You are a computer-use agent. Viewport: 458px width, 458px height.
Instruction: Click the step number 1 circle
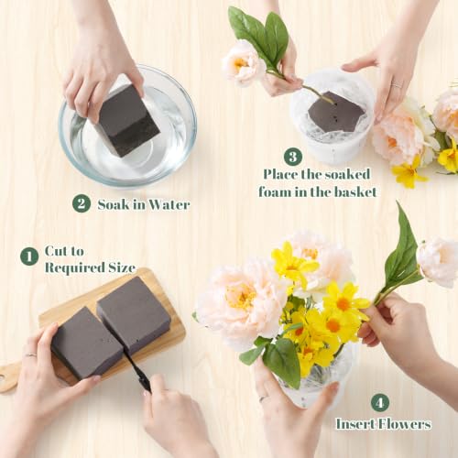[x=29, y=256]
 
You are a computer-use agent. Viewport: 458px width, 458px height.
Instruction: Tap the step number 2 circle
[x=82, y=203]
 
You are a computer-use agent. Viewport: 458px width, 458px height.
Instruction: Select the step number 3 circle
[x=293, y=157]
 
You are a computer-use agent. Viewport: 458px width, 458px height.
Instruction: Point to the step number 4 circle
[x=380, y=403]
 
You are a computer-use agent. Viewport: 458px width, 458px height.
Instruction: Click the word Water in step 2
[x=169, y=204]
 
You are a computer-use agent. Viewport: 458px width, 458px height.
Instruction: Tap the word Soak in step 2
[x=114, y=204]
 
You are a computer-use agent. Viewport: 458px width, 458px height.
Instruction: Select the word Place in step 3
[x=280, y=174]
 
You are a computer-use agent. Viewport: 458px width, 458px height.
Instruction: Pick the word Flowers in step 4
[x=405, y=424]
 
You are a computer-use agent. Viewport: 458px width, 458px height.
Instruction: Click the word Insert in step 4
[x=355, y=424]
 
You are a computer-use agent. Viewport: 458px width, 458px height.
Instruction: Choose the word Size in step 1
[x=122, y=267]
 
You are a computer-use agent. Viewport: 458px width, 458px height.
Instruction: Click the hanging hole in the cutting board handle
[x=2, y=378]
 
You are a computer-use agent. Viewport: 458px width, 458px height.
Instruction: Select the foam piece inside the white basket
[x=335, y=112]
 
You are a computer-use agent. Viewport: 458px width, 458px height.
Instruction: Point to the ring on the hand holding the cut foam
[x=31, y=354]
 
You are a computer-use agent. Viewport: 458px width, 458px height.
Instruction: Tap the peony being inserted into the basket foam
[x=244, y=63]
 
